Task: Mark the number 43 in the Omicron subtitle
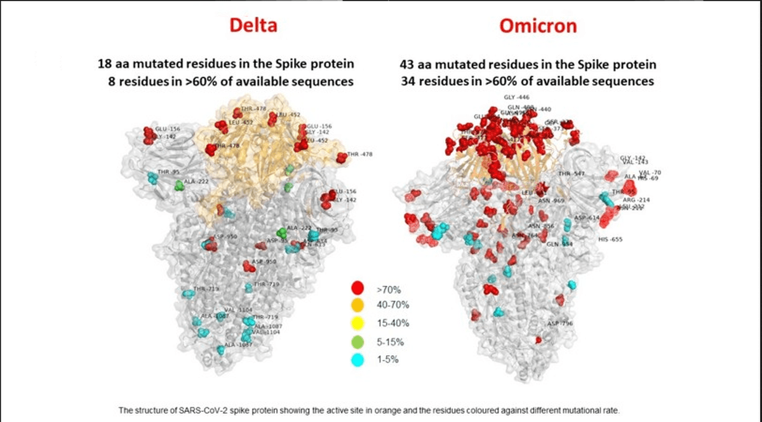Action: point(408,64)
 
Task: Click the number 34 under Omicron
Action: point(408,81)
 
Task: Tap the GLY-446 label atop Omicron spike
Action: point(516,97)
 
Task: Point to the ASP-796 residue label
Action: point(561,323)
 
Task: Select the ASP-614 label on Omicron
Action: point(587,217)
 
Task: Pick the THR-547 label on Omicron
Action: point(571,174)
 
